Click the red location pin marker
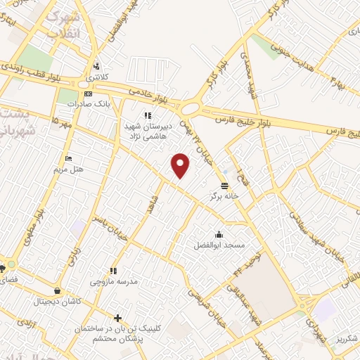(181, 165)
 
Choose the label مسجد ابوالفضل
(219, 245)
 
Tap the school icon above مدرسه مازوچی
(113, 271)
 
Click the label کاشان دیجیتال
(58, 302)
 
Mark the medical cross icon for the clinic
(118, 318)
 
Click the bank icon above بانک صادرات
(87, 93)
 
